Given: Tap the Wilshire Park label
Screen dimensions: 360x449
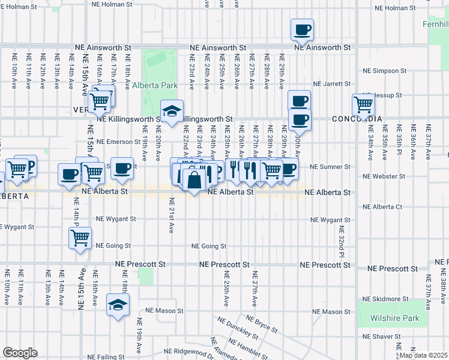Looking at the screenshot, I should tap(394, 318).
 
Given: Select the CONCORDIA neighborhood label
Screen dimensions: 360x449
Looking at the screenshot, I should tap(357, 119).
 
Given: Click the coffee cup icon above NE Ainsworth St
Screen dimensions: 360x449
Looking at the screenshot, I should tap(303, 29).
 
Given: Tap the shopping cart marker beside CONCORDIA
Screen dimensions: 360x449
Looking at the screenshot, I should tap(364, 104).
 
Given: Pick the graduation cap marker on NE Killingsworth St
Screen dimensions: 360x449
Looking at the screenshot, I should tap(172, 110).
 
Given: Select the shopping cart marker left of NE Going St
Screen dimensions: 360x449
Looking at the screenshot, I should tap(80, 238).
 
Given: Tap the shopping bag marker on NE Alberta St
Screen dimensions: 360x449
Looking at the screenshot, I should tap(195, 179).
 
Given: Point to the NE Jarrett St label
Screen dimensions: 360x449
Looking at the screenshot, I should tap(331, 84).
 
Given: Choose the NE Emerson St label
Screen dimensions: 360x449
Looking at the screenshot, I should tap(118, 142).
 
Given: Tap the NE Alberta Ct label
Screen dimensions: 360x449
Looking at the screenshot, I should tap(382, 207).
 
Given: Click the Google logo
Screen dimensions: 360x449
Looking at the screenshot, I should tap(20, 353).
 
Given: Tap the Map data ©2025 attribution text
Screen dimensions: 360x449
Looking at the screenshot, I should tap(423, 355).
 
